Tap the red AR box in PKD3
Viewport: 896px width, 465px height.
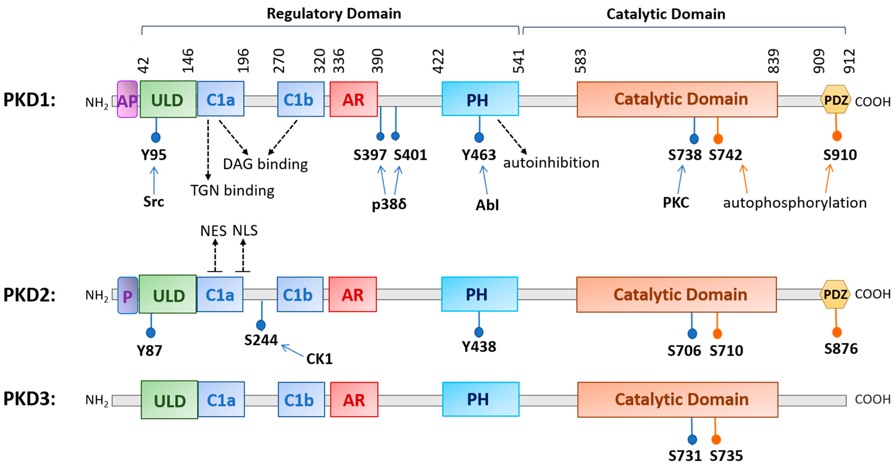[354, 400]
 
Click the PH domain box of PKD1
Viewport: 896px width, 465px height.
[480, 99]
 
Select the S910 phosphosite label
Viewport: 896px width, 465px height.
[840, 155]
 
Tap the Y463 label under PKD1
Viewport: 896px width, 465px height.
[479, 155]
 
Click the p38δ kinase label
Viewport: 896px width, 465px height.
[389, 204]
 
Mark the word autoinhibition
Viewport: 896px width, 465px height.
[551, 163]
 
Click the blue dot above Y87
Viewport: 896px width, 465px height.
[151, 333]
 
